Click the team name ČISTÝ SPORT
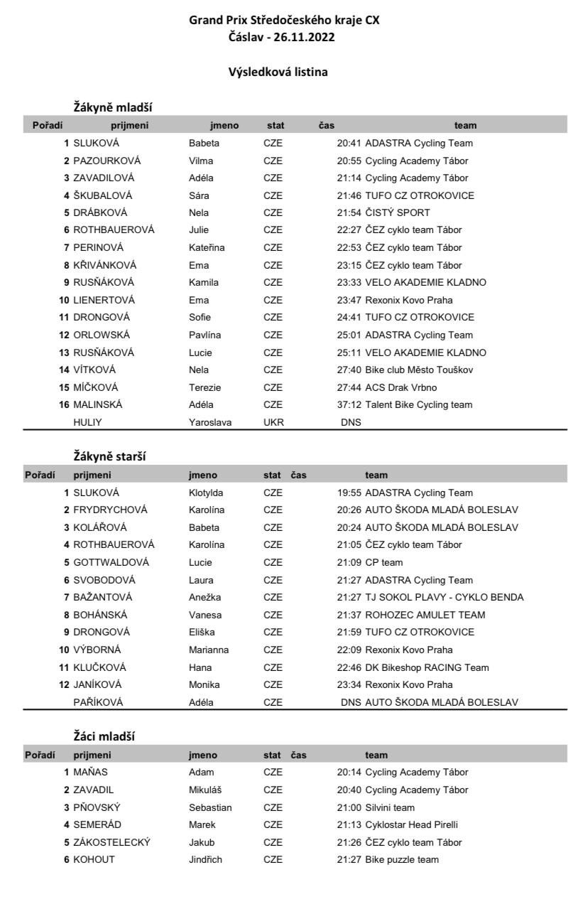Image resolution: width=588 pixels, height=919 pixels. click(x=398, y=213)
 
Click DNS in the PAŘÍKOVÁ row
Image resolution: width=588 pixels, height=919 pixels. click(x=351, y=702)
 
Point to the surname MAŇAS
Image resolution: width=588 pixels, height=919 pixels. click(x=90, y=773)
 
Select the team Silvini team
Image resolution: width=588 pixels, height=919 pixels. click(x=390, y=807)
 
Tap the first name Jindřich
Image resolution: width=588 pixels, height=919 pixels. click(x=205, y=860)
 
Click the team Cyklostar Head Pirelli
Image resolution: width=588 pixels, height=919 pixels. click(x=411, y=825)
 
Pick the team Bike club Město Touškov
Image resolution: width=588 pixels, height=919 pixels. click(x=419, y=370)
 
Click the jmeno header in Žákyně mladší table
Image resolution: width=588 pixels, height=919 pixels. click(x=224, y=125)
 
